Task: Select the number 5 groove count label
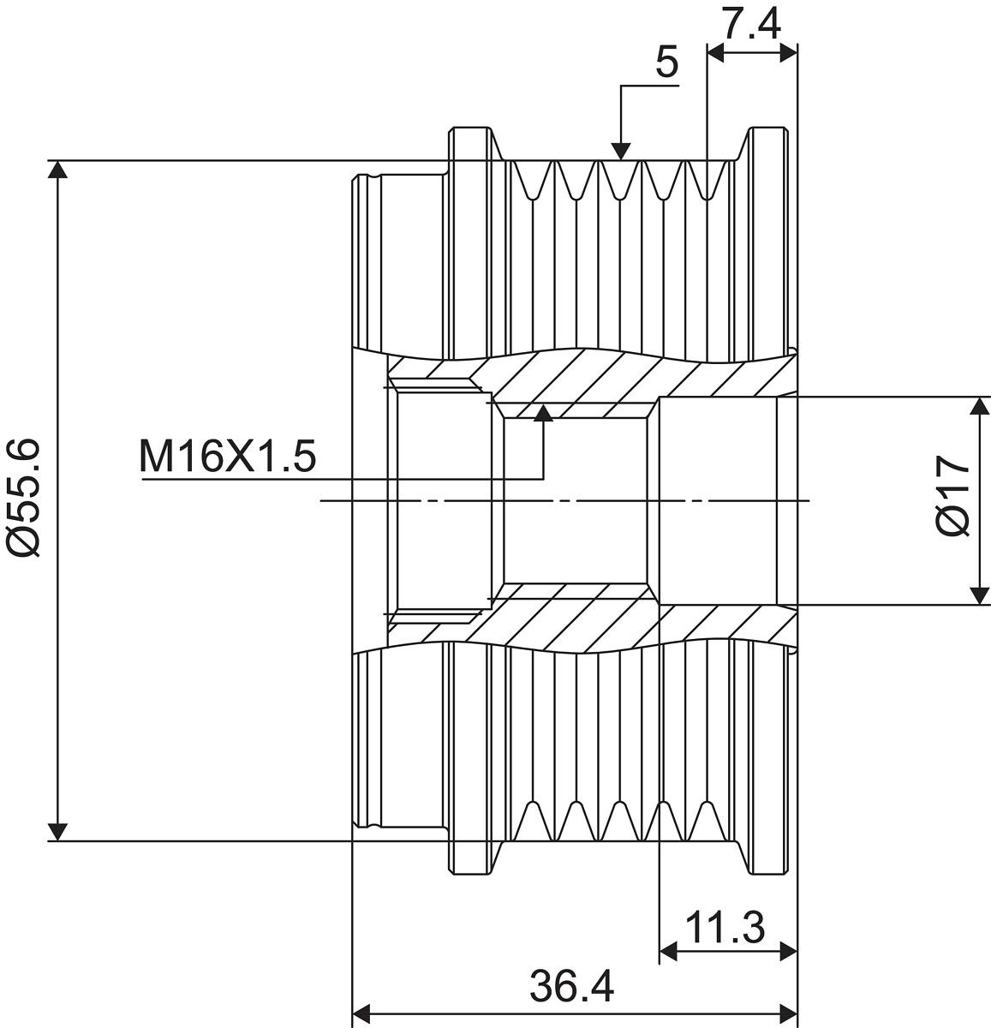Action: click(667, 63)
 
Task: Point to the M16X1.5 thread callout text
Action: click(228, 457)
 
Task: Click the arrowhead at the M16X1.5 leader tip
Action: click(543, 413)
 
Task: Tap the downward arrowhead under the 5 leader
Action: click(621, 152)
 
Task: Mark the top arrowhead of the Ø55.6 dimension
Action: click(58, 170)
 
